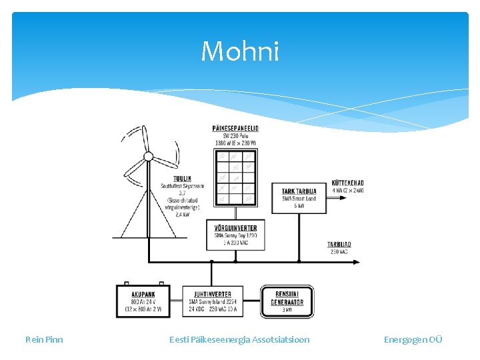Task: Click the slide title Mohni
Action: [x=240, y=51]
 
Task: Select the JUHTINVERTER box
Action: [x=213, y=301]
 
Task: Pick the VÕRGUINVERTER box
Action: [x=236, y=235]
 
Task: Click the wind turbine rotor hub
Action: [x=149, y=158]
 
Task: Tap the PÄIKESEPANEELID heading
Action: [x=235, y=129]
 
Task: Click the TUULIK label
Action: [x=182, y=179]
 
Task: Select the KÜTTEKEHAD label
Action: [x=347, y=183]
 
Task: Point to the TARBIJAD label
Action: [x=339, y=245]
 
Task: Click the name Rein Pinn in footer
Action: [x=44, y=339]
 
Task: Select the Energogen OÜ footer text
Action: [x=413, y=339]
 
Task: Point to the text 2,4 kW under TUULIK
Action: [x=182, y=215]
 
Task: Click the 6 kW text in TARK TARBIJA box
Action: [x=299, y=206]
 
